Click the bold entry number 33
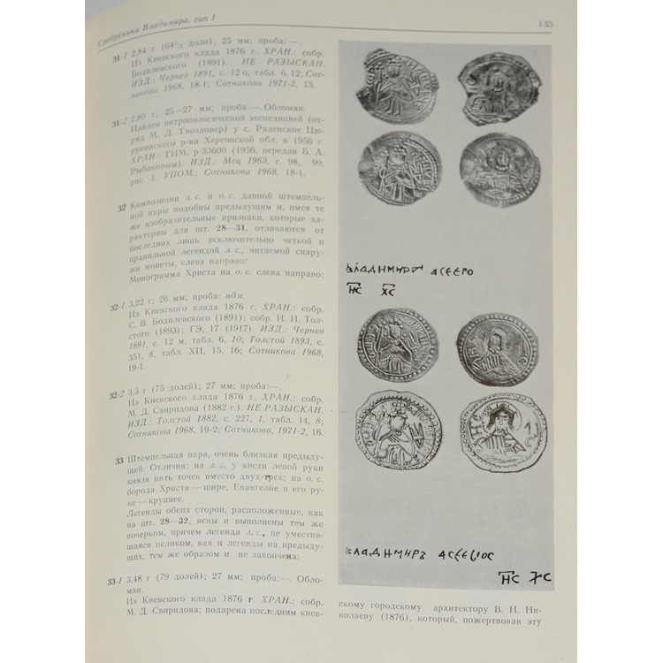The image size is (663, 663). pos(121,460)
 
